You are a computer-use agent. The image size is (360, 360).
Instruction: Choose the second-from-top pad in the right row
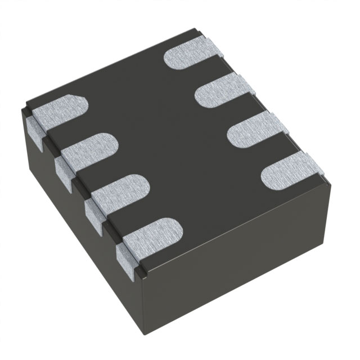point(223,90)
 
